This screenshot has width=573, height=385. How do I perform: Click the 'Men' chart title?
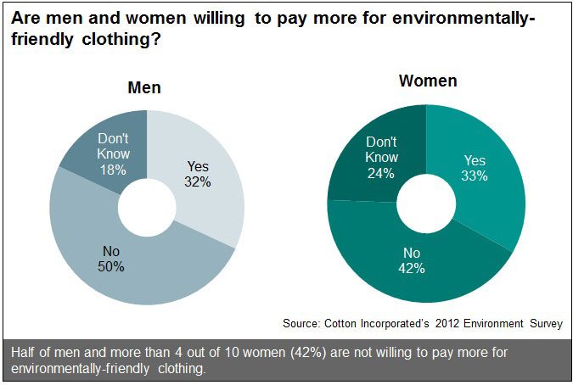click(144, 87)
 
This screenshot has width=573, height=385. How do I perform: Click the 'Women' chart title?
click(428, 81)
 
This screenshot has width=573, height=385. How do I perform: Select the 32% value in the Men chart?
click(197, 181)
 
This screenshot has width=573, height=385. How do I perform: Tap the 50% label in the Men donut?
click(110, 266)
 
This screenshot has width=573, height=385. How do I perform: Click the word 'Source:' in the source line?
click(305, 323)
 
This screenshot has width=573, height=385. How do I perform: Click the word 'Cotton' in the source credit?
click(343, 323)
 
